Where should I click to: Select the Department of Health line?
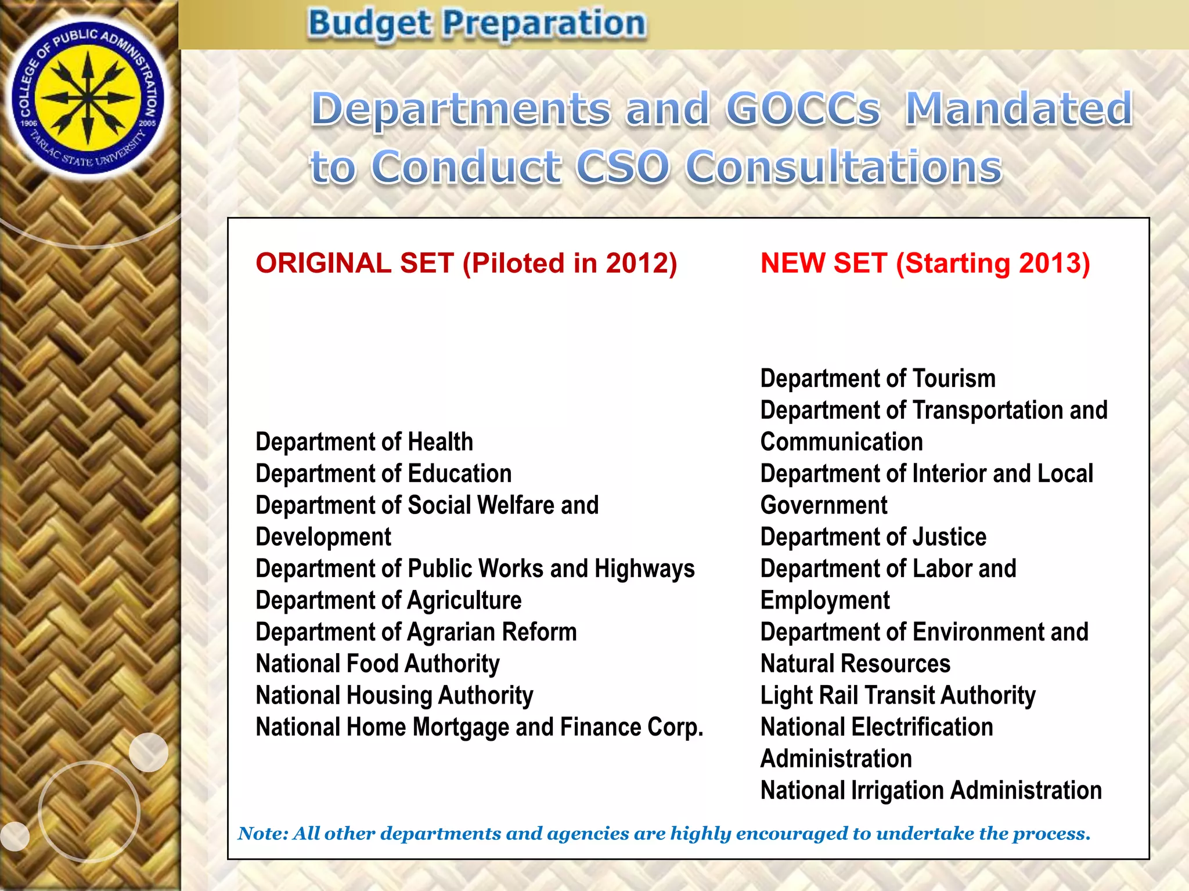point(364,442)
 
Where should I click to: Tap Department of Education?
point(383,474)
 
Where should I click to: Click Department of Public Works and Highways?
point(475,569)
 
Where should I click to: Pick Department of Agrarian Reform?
point(416,632)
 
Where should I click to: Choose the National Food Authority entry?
point(377,664)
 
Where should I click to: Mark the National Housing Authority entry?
point(394,696)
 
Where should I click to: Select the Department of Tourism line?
point(878,379)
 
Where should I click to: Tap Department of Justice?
point(873,537)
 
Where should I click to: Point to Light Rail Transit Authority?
point(898,696)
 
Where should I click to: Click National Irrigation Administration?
point(931,791)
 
